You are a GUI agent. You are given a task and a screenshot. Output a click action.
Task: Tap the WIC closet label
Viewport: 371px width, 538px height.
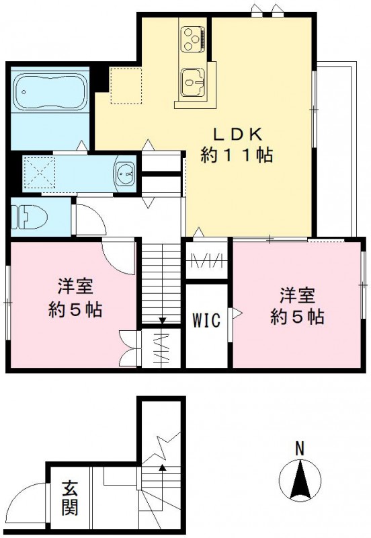click(207, 320)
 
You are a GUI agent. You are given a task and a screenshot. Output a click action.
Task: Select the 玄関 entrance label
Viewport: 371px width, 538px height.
click(69, 498)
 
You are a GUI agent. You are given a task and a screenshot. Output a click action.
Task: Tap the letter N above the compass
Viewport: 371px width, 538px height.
click(300, 447)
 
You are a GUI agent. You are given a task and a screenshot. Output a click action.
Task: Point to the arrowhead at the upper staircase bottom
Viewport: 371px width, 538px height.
click(162, 321)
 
